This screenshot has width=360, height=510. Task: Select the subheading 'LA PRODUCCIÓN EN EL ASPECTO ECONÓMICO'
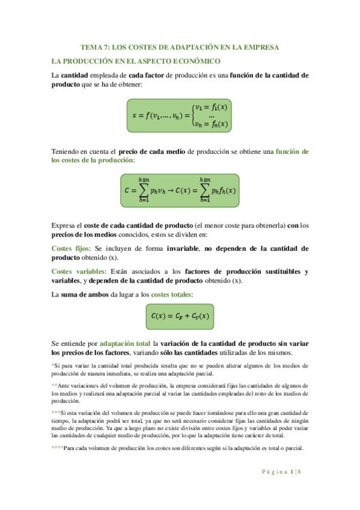point(136,61)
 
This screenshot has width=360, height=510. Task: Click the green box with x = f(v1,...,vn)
point(180,115)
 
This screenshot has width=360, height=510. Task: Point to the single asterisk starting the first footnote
point(53,365)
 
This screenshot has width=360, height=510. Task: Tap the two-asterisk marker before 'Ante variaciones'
point(55,385)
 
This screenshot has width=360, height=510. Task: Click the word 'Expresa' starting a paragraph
point(66,226)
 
